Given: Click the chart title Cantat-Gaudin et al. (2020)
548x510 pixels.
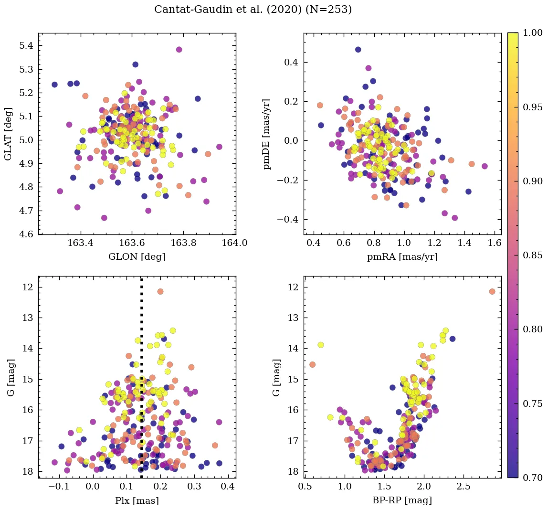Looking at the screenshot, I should (253, 10).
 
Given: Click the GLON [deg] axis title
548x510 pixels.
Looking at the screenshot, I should (137, 257).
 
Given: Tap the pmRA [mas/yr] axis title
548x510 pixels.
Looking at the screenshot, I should (402, 257).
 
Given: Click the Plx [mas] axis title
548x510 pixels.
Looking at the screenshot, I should (137, 500).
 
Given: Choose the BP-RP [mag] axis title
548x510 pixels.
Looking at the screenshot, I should (402, 500).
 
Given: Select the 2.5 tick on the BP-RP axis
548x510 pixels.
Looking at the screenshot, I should (464, 487).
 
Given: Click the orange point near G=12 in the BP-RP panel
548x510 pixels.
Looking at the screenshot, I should (492, 291).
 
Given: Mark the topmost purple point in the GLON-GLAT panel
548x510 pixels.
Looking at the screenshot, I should (179, 50).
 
